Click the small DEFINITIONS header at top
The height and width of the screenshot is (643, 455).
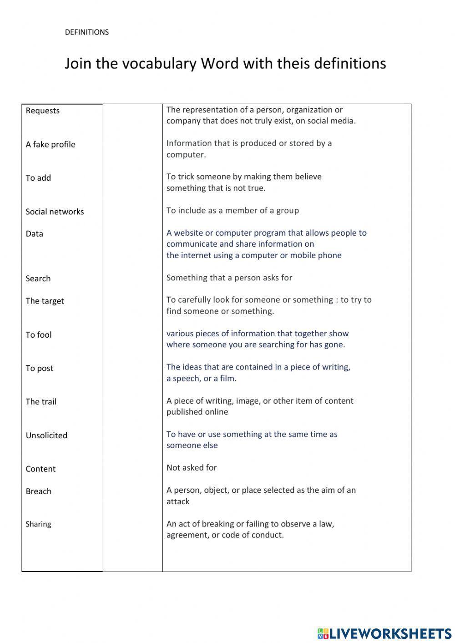point(86,32)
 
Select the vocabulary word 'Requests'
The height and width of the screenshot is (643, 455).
point(43,111)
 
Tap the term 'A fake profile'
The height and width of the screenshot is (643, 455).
point(51,144)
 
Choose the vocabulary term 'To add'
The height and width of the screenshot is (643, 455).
point(38,178)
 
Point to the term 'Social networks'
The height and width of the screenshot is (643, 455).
point(55,212)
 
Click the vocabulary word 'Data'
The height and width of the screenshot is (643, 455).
point(34,234)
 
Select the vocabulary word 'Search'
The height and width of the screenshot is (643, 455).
point(38,278)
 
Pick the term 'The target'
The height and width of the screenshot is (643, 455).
point(45,301)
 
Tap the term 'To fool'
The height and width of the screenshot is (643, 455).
point(39,334)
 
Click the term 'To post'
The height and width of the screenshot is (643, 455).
point(39,368)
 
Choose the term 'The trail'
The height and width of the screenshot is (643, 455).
point(41,401)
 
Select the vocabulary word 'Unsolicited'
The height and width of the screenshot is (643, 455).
point(46,435)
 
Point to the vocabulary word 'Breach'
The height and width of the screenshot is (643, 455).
point(38,491)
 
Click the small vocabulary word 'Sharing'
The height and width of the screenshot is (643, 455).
point(38,524)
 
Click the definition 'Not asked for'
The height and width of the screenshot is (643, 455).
point(192,468)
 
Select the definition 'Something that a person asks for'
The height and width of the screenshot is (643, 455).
point(229,278)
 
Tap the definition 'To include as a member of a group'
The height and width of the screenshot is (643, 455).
point(233,210)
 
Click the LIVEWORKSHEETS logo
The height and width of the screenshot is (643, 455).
point(384,633)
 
